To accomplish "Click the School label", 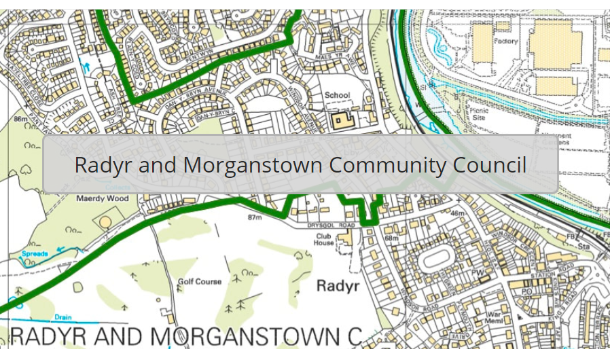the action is pyautogui.click(x=338, y=95).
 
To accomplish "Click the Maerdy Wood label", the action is pyautogui.click(x=103, y=198).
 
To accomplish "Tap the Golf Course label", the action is pyautogui.click(x=200, y=281).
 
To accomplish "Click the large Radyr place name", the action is pyautogui.click(x=338, y=286).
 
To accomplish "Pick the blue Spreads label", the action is pyautogui.click(x=35, y=253).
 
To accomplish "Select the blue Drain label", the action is pyautogui.click(x=63, y=317).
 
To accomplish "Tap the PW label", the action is pyautogui.click(x=478, y=271).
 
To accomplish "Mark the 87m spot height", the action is pyautogui.click(x=255, y=217).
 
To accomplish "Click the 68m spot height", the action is pyautogui.click(x=392, y=238).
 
